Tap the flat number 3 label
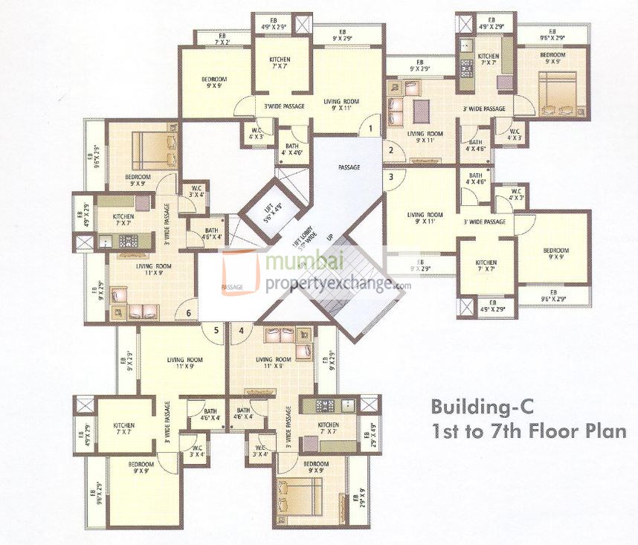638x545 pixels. coord(391,177)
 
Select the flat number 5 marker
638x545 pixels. coord(216,330)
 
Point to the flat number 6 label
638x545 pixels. coord(189,313)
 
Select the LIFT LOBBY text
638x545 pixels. coord(298,238)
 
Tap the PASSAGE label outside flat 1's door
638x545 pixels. coord(348,167)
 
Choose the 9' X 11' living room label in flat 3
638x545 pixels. coord(424,218)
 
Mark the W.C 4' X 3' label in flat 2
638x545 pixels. coord(514,135)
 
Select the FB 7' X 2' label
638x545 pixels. coord(222,38)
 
